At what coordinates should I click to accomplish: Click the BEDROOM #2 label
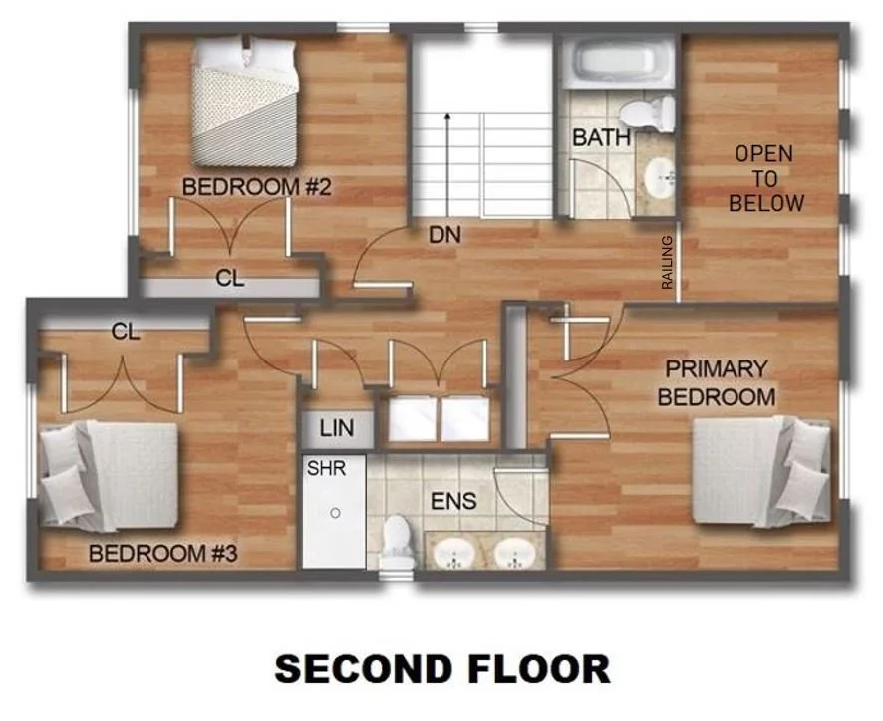256,187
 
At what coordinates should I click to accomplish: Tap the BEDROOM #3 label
163,553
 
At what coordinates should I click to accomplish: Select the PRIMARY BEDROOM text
717,382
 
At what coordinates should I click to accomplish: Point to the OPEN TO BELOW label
765,179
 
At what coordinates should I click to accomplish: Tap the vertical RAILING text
668,262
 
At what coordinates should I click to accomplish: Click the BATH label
601,137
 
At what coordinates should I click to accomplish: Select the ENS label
453,500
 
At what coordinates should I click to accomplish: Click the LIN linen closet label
336,430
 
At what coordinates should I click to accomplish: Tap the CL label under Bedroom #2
229,280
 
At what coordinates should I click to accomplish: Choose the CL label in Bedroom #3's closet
125,332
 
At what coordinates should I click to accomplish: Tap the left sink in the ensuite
456,551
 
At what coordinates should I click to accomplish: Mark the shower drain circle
336,513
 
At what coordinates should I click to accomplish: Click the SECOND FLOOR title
441,668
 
